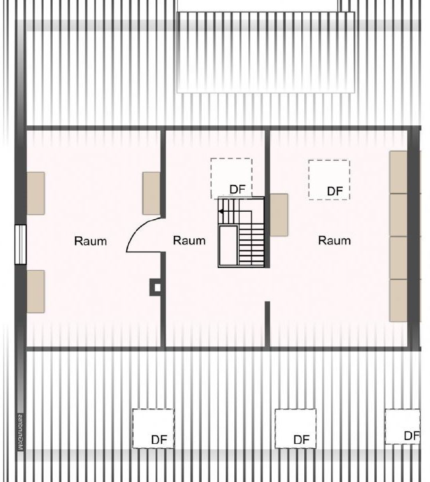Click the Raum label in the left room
90,241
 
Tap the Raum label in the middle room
189,241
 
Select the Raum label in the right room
334,241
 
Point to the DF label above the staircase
237,189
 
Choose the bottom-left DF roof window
153,429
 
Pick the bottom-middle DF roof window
295,429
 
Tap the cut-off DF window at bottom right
403,426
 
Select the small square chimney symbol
157,287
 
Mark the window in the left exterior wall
21,244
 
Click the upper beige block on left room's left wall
36,193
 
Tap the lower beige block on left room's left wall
36,291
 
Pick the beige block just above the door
152,193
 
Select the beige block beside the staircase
279,214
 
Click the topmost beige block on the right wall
398,171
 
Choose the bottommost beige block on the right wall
398,300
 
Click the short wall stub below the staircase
267,322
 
